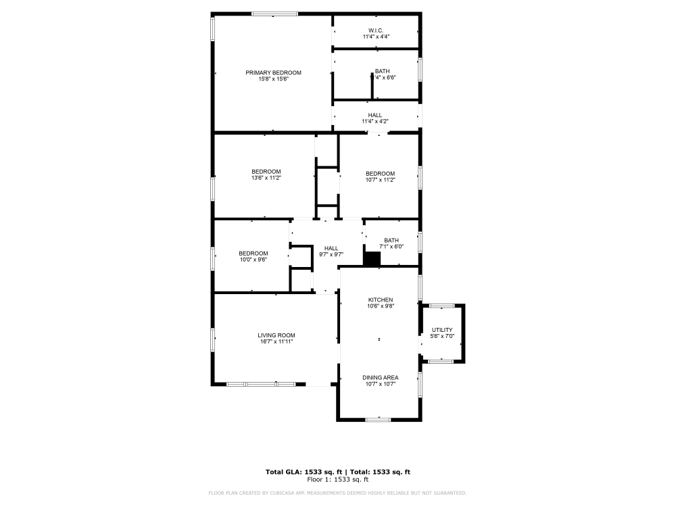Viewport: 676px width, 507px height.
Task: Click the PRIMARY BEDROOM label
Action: click(273, 72)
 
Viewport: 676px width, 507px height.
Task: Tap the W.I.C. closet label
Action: click(376, 30)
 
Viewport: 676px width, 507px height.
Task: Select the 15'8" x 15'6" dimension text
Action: click(273, 79)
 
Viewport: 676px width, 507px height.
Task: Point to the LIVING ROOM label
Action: click(276, 335)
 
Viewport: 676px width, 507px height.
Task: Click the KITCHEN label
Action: click(380, 299)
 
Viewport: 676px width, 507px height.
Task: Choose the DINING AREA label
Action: click(380, 377)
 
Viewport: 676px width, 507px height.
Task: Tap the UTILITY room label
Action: click(442, 330)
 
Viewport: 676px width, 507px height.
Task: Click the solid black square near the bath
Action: click(372, 259)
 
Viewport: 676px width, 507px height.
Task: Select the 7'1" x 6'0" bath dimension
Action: click(391, 247)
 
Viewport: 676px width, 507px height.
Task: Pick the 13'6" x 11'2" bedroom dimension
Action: click(266, 178)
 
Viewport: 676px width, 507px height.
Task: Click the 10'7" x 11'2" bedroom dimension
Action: click(380, 180)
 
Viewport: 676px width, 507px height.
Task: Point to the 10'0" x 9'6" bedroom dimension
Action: click(253, 260)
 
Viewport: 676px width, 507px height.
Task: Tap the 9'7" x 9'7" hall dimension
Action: click(331, 255)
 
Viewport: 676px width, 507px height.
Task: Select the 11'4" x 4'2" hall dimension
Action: click(375, 121)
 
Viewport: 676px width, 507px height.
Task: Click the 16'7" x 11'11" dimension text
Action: click(276, 342)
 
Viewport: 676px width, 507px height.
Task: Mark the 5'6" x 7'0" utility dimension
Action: click(442, 337)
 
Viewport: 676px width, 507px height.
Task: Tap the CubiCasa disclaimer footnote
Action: click(338, 493)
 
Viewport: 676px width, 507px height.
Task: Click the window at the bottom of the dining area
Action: click(378, 420)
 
